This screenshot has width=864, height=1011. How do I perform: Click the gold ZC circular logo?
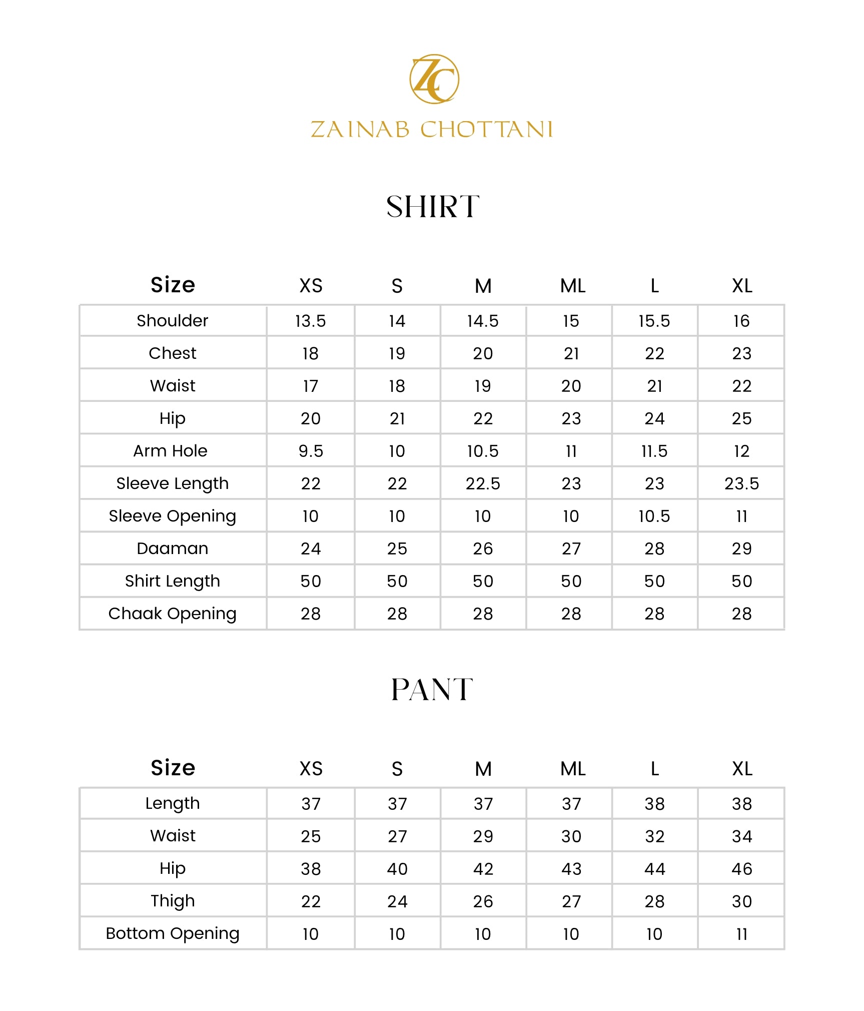(434, 79)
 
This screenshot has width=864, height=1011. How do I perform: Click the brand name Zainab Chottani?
(431, 129)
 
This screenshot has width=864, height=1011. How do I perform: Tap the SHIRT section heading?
(433, 207)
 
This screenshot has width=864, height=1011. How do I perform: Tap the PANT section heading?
(432, 690)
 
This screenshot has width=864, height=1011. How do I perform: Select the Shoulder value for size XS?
(310, 321)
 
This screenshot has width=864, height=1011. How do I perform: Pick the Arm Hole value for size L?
(654, 451)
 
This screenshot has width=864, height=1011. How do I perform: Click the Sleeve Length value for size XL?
(741, 483)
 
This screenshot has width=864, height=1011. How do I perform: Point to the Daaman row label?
(173, 549)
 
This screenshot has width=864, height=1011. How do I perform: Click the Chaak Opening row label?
(173, 614)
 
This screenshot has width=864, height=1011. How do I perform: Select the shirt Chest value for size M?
(483, 353)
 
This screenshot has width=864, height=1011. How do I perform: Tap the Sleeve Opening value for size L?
(654, 516)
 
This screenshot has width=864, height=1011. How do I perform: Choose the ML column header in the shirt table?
(572, 286)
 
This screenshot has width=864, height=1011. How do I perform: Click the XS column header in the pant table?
(311, 769)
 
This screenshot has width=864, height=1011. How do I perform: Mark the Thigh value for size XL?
(741, 901)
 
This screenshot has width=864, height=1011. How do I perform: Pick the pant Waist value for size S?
(397, 836)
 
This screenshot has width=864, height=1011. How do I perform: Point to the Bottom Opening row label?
(173, 933)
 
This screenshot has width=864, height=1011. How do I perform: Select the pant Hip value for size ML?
(571, 869)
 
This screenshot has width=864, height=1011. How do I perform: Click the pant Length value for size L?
(654, 804)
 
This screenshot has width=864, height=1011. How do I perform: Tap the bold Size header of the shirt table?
(173, 285)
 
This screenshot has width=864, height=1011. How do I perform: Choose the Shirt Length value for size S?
(397, 581)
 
